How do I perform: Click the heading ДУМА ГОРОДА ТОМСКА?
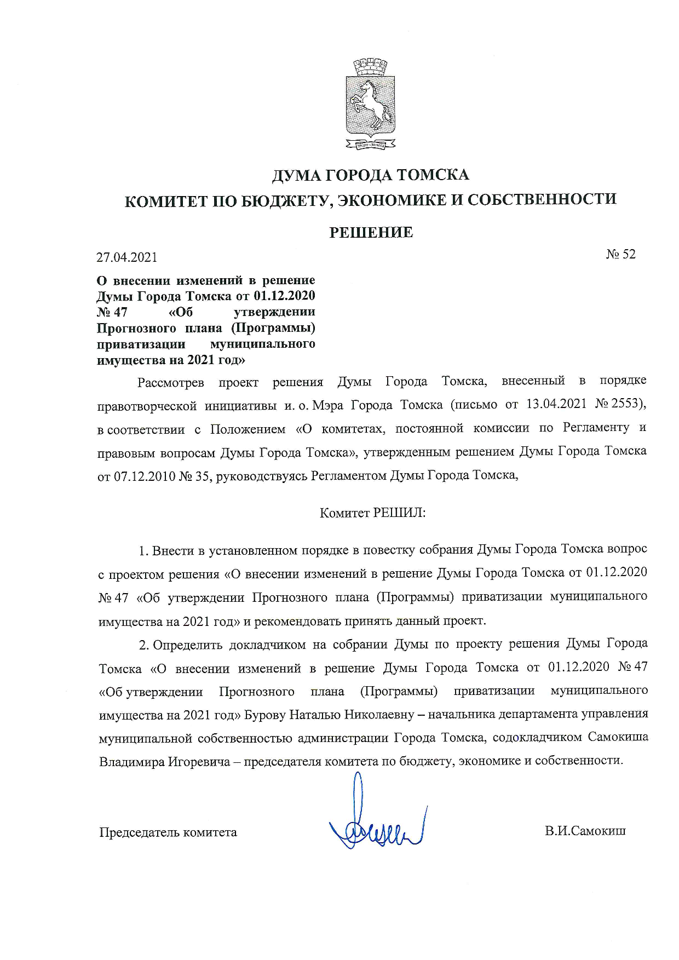click(x=370, y=175)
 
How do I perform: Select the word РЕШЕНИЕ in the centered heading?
click(x=371, y=233)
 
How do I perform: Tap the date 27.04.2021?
click(x=126, y=257)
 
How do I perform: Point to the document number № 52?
click(x=620, y=254)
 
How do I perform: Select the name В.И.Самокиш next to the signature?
click(x=585, y=831)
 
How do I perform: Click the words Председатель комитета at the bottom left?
click(x=168, y=832)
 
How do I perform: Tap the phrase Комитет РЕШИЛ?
click(x=372, y=513)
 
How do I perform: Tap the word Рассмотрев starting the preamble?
click(x=170, y=382)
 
